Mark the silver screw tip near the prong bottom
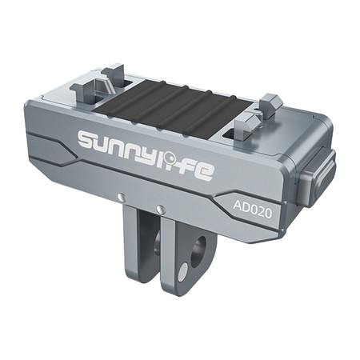183,272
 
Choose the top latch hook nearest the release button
270,106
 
